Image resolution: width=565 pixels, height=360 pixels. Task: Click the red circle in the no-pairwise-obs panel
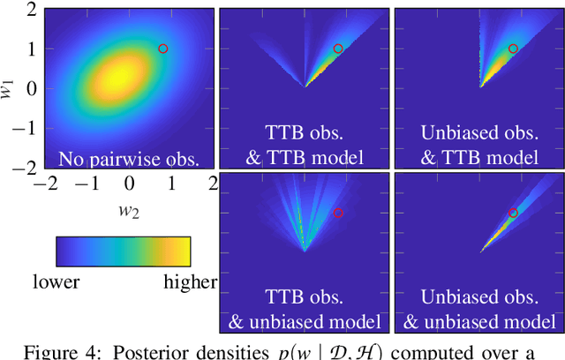click(x=162, y=49)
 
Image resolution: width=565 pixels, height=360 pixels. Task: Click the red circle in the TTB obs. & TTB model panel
click(x=338, y=49)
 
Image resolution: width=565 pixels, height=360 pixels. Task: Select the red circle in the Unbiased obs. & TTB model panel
click(x=513, y=49)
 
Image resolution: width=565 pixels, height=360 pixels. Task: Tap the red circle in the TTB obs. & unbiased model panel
click(x=338, y=213)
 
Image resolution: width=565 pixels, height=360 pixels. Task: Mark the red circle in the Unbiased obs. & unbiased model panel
click(x=513, y=213)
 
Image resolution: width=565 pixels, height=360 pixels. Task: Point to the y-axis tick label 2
click(x=31, y=10)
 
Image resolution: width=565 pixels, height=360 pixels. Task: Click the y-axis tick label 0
click(x=31, y=89)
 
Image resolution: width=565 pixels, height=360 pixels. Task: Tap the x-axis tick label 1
click(x=172, y=184)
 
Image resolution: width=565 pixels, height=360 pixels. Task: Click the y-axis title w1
click(x=10, y=88)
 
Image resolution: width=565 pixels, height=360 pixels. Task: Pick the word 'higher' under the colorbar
click(x=190, y=282)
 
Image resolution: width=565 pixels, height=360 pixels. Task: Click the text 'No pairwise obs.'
click(x=129, y=159)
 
